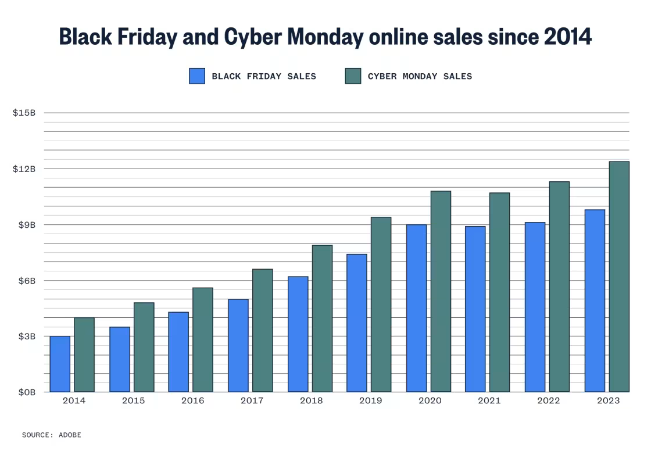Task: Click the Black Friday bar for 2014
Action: point(60,364)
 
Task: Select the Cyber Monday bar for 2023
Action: point(619,277)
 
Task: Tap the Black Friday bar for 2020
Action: point(416,308)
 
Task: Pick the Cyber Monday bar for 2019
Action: point(381,305)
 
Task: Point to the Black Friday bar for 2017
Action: point(238,345)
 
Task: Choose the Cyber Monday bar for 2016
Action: point(203,339)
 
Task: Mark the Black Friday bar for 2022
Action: point(535,307)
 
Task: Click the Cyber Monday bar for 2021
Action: point(499,292)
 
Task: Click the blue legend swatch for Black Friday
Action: point(197,76)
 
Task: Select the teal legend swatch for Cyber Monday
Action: point(353,76)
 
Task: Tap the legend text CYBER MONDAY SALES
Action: point(420,76)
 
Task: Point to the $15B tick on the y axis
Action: point(24,113)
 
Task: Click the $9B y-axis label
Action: point(26,225)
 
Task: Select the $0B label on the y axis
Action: point(26,392)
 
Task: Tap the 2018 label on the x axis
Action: point(311,401)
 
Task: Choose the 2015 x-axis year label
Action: point(133,401)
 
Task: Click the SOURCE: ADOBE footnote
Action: point(52,435)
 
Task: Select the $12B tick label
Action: point(24,169)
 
